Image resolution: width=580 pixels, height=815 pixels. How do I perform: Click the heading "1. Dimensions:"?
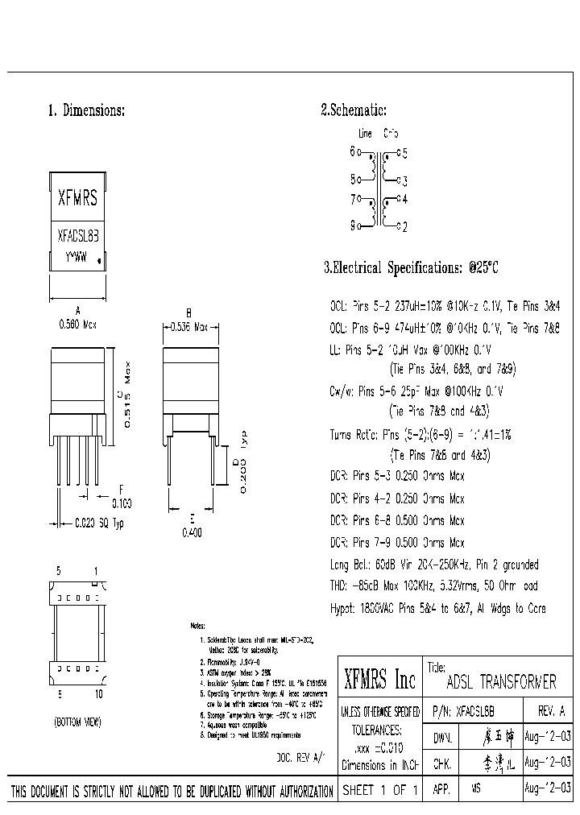tap(87, 111)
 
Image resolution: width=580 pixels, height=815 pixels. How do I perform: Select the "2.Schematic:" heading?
tap(354, 111)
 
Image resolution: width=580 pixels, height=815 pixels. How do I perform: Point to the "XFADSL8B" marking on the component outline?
tap(78, 238)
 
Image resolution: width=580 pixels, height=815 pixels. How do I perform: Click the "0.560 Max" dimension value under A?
tap(78, 324)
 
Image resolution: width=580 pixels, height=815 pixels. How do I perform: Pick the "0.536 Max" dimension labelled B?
tap(189, 327)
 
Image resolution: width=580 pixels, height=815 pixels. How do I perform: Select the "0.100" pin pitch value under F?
tap(122, 503)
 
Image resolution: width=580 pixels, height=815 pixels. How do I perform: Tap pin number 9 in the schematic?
tap(353, 226)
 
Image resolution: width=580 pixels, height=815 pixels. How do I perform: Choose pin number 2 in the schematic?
tap(404, 227)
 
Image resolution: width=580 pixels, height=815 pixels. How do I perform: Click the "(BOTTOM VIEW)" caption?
tap(77, 723)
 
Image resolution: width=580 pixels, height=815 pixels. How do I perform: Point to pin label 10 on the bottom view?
tap(98, 693)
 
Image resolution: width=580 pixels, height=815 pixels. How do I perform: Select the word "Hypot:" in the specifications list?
tap(345, 607)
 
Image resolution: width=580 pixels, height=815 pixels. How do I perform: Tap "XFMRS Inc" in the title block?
tap(379, 681)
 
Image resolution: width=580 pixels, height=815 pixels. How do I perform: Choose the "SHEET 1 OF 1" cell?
tap(379, 791)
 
